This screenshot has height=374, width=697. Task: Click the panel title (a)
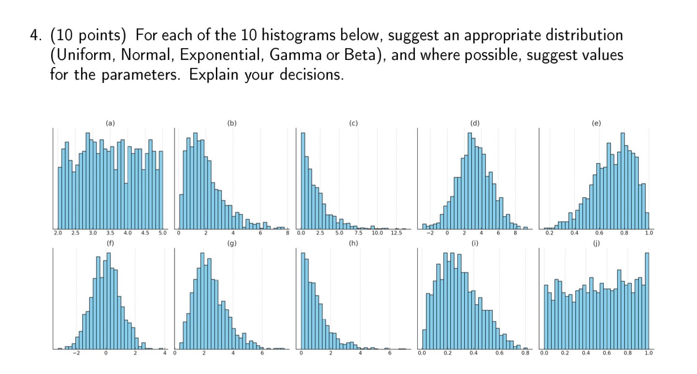(111, 124)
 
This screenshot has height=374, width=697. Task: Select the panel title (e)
(597, 124)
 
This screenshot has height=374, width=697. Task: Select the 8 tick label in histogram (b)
(287, 233)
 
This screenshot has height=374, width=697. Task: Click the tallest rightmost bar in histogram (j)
(647, 300)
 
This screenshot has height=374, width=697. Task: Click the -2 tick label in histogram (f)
(75, 353)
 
